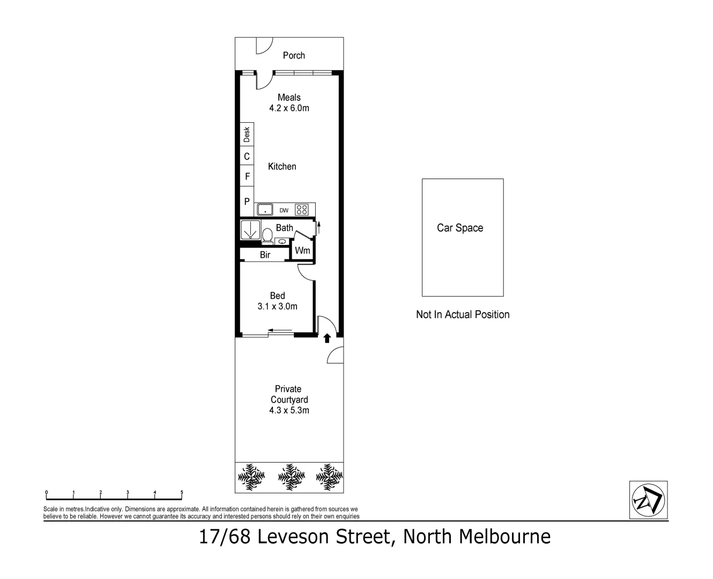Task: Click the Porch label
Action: [294, 55]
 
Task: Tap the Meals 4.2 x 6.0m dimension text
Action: [289, 108]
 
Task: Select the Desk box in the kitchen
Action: [247, 133]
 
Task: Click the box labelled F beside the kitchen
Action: [247, 176]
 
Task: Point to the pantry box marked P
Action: [247, 202]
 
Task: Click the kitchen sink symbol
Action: [264, 210]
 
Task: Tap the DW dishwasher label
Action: [284, 211]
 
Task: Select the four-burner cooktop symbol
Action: [302, 210]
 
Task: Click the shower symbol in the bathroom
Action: [250, 229]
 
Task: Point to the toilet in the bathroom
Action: [267, 235]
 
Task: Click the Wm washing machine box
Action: [302, 250]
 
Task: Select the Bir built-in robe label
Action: [265, 255]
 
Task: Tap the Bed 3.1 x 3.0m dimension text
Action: [277, 307]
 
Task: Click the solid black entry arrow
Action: [326, 338]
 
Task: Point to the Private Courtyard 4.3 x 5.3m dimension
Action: [289, 411]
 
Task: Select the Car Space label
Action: [460, 228]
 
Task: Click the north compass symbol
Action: [648, 500]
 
